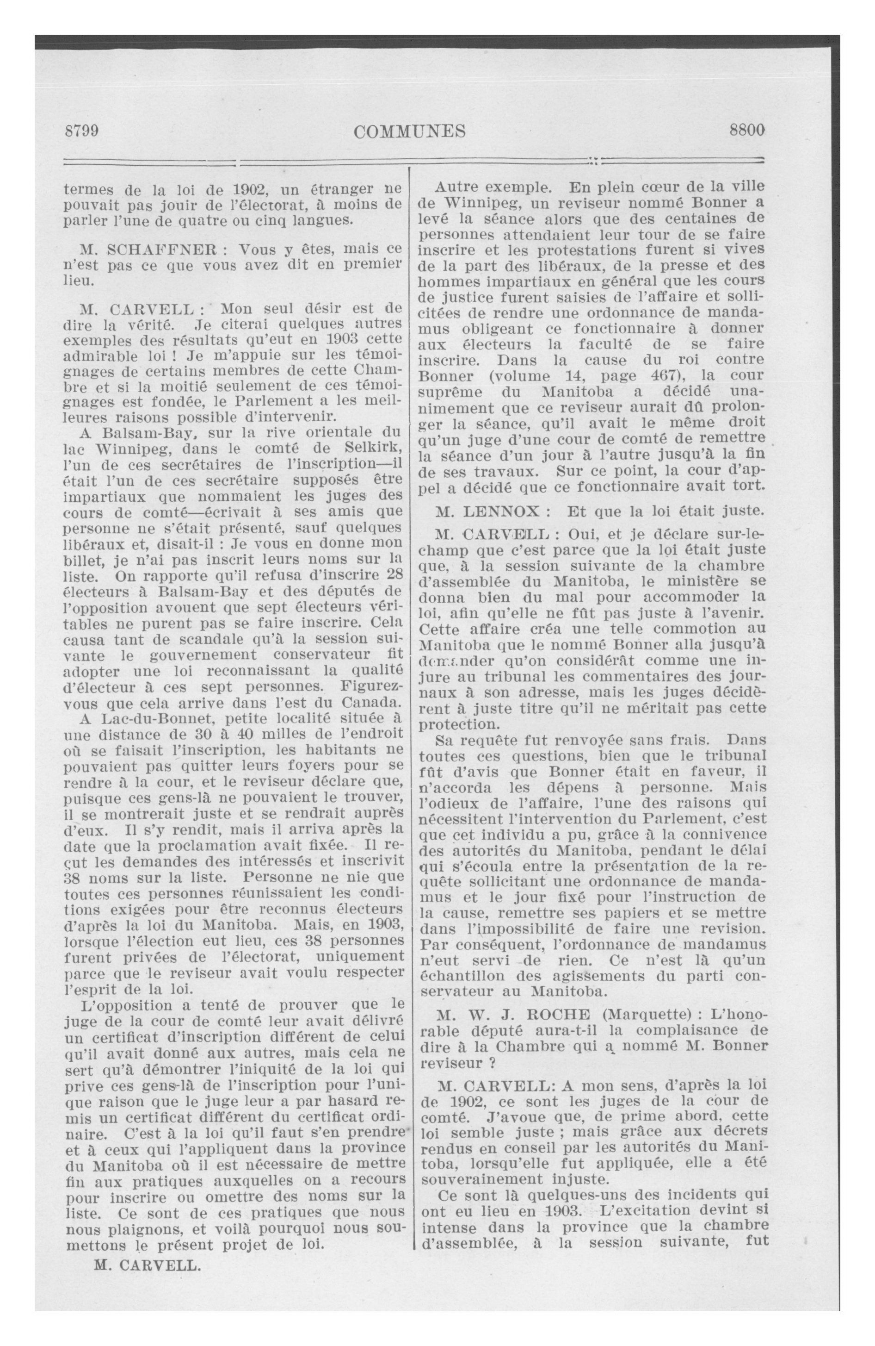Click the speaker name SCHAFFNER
160,249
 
